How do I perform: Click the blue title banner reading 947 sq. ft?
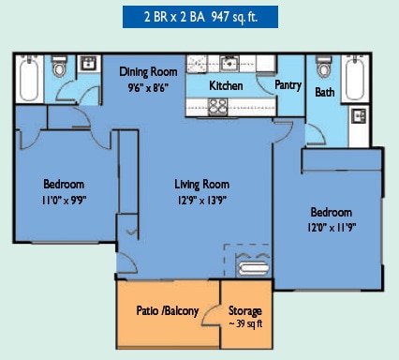coord(200,17)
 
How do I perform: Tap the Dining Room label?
coord(148,72)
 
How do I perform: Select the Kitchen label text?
coord(226,85)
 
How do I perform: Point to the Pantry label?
coord(288,85)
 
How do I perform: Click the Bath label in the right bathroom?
coord(324,92)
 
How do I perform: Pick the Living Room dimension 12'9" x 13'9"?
coord(201,200)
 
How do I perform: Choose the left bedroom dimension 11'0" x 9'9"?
coord(64,200)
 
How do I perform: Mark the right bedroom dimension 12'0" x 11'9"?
coord(332,227)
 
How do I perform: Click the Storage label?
coord(245,311)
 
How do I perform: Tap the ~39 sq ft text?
coord(245,323)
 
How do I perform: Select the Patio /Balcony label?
coord(168,311)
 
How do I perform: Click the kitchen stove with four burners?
coord(217,107)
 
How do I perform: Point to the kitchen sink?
coord(229,63)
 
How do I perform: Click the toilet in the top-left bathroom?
coord(59,67)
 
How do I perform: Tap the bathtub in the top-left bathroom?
coord(29,79)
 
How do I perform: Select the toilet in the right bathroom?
coord(324,67)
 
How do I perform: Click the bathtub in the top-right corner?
coord(355,78)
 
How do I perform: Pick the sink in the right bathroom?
coord(360,116)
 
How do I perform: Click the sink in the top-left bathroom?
coord(89,64)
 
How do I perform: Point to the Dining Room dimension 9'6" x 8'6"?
coord(148,87)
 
